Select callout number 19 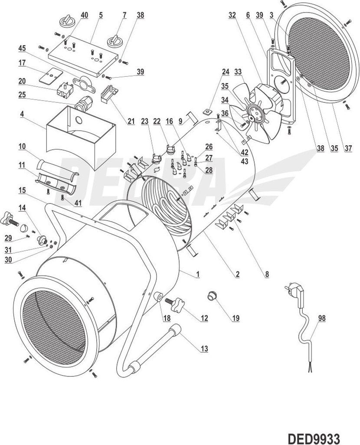tap(236, 318)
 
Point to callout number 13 tap(204, 348)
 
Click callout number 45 tap(22, 48)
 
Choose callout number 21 tap(131, 121)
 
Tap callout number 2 tap(237, 274)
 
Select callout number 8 tap(267, 274)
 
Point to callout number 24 tap(225, 71)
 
